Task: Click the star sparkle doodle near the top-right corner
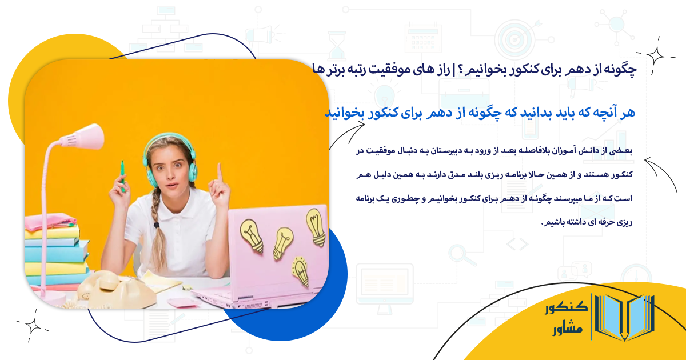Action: [656, 55]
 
